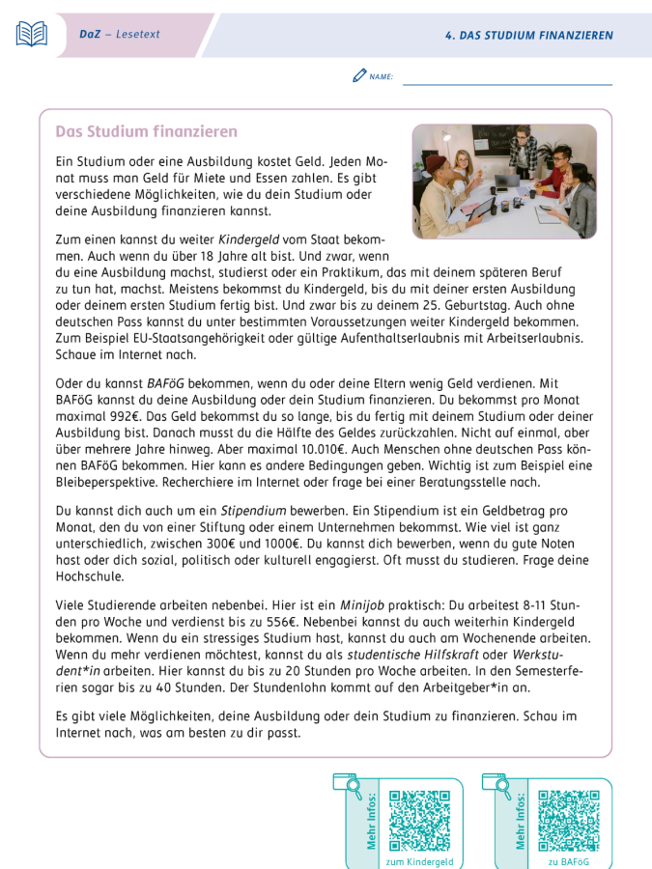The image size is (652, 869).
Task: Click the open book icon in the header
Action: [x=32, y=35]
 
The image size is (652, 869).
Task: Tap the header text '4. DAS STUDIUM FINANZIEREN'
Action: [x=529, y=36]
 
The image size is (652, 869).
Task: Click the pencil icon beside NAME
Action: [x=359, y=75]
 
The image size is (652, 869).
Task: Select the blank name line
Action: [x=507, y=81]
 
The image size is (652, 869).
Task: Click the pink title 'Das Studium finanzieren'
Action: [x=146, y=131]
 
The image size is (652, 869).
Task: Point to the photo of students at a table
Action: [x=504, y=181]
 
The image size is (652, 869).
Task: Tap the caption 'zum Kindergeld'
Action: [x=419, y=861]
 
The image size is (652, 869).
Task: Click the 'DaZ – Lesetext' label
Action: [x=120, y=35]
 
